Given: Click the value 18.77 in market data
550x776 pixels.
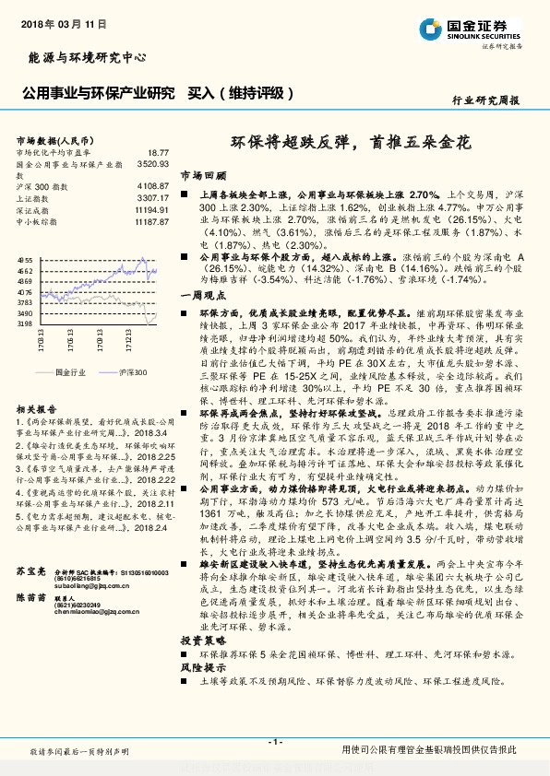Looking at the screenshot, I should tap(158, 152).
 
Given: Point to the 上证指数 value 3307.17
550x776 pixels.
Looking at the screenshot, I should tap(152, 198).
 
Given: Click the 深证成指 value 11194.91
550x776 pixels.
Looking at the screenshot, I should tap(150, 210).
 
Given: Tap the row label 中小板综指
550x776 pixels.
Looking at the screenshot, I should tap(38, 222).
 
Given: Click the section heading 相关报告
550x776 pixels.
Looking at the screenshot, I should tap(37, 408).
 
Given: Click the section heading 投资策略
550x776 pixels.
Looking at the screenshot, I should tap(201, 639).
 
